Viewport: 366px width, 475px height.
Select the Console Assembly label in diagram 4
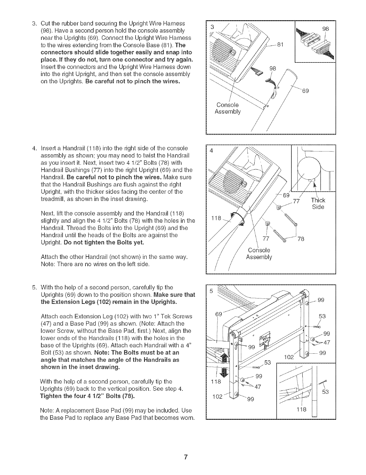(259, 254)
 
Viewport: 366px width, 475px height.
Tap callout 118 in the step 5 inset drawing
(302, 409)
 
